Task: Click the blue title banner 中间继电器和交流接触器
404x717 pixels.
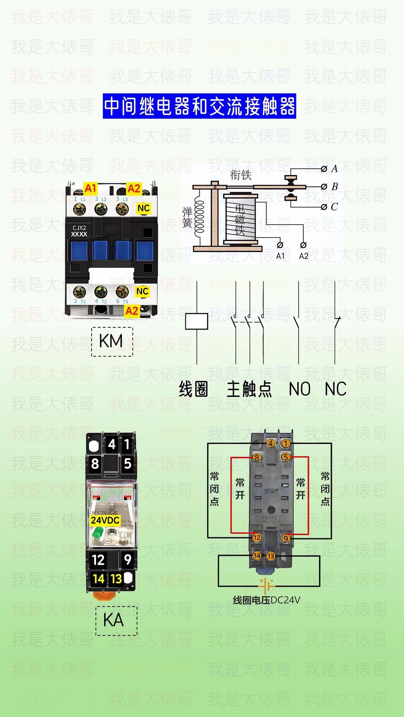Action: point(199,106)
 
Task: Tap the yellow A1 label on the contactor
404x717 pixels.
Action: point(90,188)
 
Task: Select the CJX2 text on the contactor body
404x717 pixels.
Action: point(79,228)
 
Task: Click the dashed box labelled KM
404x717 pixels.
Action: point(112,342)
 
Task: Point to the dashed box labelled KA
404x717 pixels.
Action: point(116,620)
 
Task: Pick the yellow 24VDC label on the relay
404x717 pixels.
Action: point(105,520)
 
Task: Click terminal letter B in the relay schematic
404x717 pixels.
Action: point(335,187)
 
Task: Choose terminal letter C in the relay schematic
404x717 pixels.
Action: point(334,207)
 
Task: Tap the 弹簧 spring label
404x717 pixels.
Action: point(187,217)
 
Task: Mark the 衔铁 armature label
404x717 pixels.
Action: point(241,175)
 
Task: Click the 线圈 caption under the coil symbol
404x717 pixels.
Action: point(193,389)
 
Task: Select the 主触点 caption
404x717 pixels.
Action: point(249,389)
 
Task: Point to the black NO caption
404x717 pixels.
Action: point(300,389)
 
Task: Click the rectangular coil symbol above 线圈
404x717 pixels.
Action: point(197,321)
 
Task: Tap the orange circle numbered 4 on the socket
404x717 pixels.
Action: point(271,443)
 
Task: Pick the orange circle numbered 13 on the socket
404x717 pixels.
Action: point(270,556)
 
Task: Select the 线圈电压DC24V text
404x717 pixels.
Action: point(266,600)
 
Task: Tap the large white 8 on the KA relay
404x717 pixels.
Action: point(95,464)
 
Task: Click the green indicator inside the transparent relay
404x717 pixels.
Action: point(97,533)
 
